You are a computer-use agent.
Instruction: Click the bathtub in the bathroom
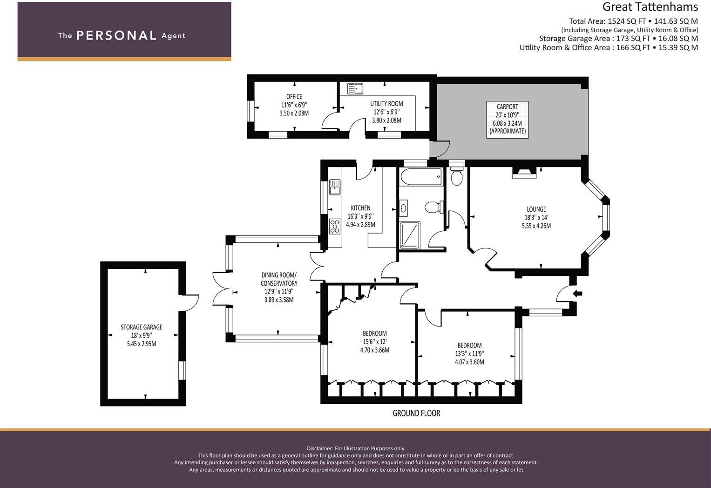click(420, 177)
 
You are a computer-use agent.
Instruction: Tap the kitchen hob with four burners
click(335, 227)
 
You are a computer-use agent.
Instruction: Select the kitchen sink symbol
click(335, 187)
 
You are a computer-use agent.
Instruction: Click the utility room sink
click(355, 88)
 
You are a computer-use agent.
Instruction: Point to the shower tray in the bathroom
click(410, 234)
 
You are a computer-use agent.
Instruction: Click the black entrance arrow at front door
click(577, 294)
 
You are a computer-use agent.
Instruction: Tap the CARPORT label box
click(508, 120)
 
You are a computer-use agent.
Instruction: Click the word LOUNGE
click(536, 209)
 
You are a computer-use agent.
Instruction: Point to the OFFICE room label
click(294, 96)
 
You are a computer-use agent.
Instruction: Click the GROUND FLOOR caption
click(416, 413)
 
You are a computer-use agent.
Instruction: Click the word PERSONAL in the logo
click(116, 35)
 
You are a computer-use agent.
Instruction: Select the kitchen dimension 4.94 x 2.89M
click(360, 225)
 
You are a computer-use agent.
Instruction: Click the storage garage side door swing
click(191, 302)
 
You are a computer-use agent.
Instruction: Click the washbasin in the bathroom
click(403, 208)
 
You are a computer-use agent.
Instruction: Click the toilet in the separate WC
click(457, 177)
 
